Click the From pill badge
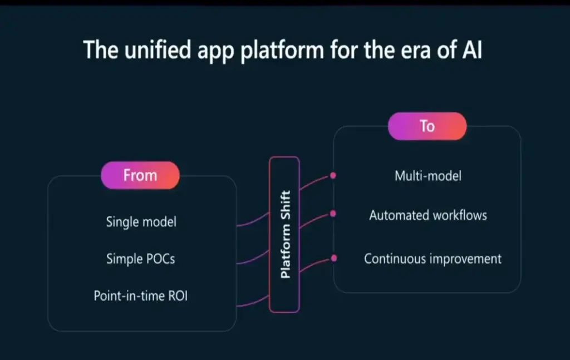click(140, 175)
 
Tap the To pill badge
click(427, 126)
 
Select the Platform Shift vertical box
click(284, 234)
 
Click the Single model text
click(141, 221)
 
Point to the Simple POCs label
click(141, 259)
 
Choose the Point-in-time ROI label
click(141, 295)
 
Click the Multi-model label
click(428, 176)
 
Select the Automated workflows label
click(428, 215)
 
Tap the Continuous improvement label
click(433, 259)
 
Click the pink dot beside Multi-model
click(333, 175)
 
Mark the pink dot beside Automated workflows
click(333, 214)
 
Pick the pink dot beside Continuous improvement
click(334, 258)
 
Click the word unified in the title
click(158, 50)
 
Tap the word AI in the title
click(472, 50)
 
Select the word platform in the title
click(282, 51)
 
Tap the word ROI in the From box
click(178, 295)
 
